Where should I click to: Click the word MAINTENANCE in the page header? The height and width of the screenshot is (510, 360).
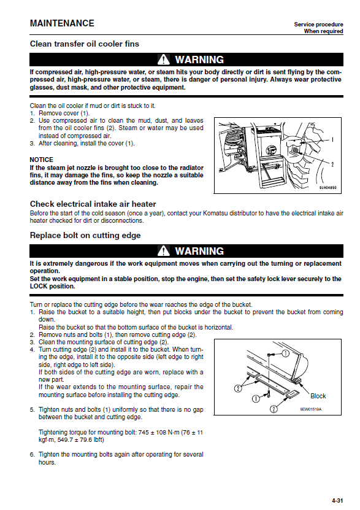pos(62,23)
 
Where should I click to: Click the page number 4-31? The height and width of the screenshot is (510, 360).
pos(337,501)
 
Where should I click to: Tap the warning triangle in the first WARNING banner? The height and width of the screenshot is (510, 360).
pos(163,60)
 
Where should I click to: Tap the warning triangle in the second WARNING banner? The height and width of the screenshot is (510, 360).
pos(163,251)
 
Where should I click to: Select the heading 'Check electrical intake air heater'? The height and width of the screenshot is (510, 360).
pos(93,204)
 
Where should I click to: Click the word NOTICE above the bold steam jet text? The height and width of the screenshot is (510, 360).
pos(41,160)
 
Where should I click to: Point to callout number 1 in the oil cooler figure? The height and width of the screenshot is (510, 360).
pos(332,140)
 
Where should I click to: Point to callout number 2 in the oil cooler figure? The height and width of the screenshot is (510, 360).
pos(332,164)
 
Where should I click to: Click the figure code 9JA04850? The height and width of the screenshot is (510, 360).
pos(327,188)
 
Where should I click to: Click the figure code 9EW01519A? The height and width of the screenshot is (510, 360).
pos(310,409)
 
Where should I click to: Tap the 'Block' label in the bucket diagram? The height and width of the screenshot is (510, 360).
pos(318,396)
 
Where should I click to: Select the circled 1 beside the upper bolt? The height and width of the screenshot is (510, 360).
pos(285,354)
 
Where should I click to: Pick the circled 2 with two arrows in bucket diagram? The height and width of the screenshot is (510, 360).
pos(238,388)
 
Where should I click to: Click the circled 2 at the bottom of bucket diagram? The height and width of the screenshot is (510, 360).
pos(274,409)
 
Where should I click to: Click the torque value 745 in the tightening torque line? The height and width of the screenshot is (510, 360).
pos(144,433)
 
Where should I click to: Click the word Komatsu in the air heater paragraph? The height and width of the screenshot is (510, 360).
pos(215,214)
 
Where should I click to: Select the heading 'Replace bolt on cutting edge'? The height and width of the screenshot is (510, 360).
pos(85,235)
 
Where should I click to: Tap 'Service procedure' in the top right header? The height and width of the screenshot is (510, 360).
pos(318,25)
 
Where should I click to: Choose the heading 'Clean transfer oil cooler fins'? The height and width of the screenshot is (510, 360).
pos(85,44)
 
